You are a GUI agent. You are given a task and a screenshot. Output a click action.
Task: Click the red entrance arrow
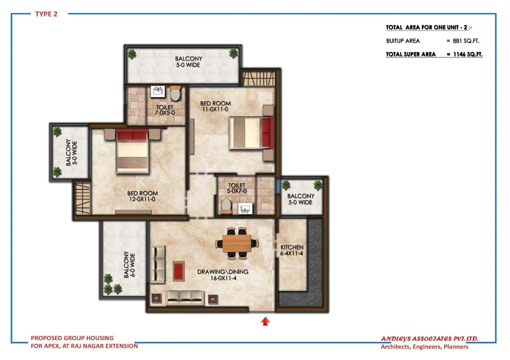click(x=265, y=321)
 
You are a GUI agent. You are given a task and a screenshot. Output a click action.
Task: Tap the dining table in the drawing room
click(x=237, y=243)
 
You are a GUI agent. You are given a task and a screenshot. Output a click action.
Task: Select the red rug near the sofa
click(x=178, y=271)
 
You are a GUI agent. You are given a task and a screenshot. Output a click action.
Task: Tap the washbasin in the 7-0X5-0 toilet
click(x=158, y=92)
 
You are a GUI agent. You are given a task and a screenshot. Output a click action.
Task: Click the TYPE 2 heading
click(x=46, y=14)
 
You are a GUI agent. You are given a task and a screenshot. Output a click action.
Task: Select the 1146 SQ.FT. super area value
click(x=467, y=55)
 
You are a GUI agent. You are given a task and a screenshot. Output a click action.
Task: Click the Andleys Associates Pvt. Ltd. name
click(x=429, y=339)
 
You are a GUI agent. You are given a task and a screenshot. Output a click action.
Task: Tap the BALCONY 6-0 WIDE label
click(x=128, y=264)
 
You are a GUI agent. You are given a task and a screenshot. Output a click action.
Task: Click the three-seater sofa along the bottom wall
click(x=185, y=297)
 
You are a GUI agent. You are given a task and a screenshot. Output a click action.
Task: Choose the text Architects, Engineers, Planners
click(x=424, y=347)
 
